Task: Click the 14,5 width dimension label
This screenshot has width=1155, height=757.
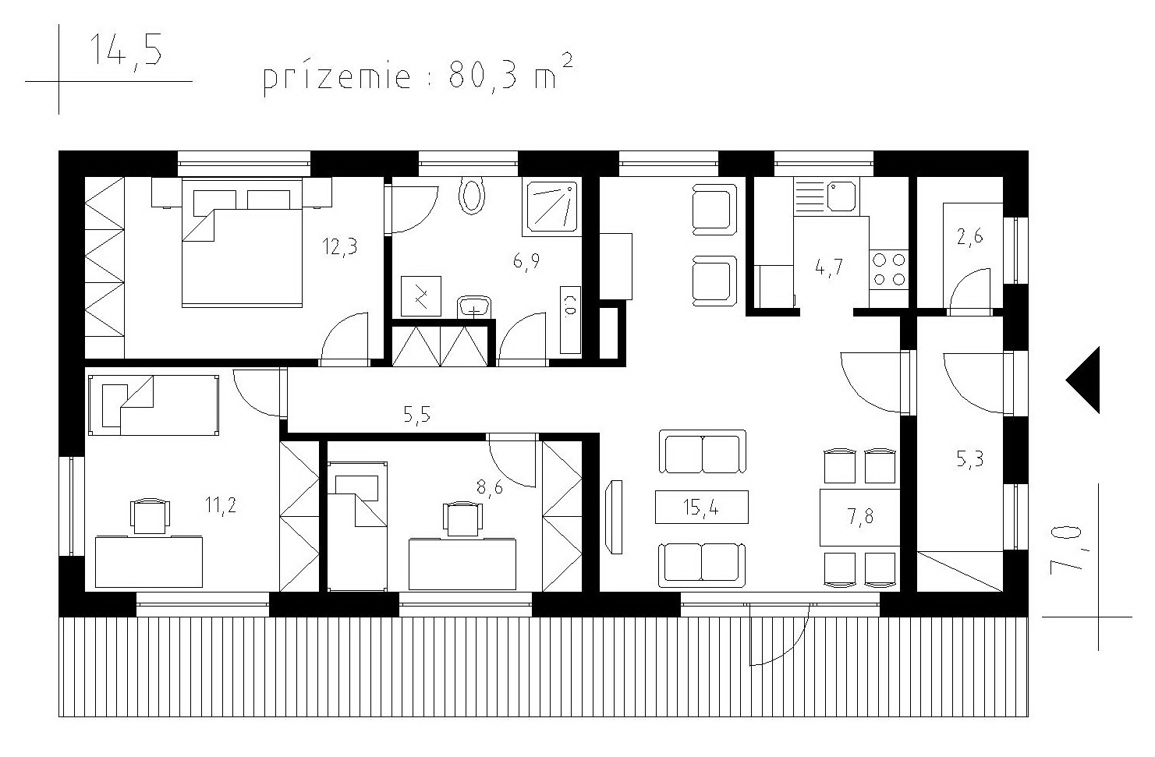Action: (x=126, y=51)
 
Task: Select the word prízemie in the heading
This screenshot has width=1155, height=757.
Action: (x=337, y=78)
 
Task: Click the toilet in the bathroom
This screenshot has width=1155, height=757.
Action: (x=472, y=196)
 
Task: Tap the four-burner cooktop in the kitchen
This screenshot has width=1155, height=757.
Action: (x=889, y=269)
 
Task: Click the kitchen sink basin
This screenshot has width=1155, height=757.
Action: (x=841, y=196)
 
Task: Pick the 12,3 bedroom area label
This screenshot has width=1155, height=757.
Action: (x=340, y=246)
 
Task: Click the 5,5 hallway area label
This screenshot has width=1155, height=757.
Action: (x=416, y=415)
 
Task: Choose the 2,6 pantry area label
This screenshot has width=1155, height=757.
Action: (x=969, y=237)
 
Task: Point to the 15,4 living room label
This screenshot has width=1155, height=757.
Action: (x=701, y=508)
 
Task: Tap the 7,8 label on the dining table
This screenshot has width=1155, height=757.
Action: (x=860, y=516)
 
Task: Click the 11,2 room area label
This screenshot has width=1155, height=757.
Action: (x=221, y=505)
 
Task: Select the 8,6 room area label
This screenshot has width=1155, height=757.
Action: (x=489, y=486)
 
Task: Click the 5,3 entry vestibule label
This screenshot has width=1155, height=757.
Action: (x=969, y=458)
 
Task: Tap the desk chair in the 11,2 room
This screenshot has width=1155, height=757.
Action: (x=150, y=516)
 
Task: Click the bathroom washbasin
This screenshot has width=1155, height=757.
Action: (x=474, y=306)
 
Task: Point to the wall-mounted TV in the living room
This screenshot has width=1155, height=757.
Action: (x=615, y=517)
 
